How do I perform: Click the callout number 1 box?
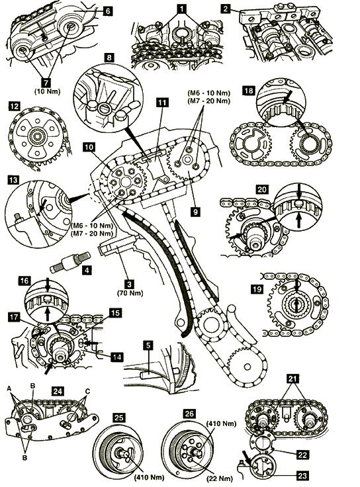pyautogui.click(x=181, y=9)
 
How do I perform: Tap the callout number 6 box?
pyautogui.click(x=107, y=11)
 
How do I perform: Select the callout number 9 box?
pyautogui.click(x=195, y=212)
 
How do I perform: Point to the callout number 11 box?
pyautogui.click(x=162, y=103)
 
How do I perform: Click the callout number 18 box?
pyautogui.click(x=249, y=91)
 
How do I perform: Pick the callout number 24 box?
pyautogui.click(x=58, y=390)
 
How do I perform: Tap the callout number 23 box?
pyautogui.click(x=302, y=475)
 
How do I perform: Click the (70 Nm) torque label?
pyautogui.click(x=130, y=293)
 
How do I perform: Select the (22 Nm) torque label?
pyautogui.click(x=220, y=478)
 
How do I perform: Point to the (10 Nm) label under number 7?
pyautogui.click(x=47, y=91)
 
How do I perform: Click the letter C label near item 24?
pyautogui.click(x=87, y=391)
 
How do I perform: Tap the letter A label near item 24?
pyautogui.click(x=9, y=388)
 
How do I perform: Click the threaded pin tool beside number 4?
pyautogui.click(x=70, y=262)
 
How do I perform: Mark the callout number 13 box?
pyautogui.click(x=14, y=180)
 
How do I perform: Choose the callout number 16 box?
pyautogui.click(x=24, y=281)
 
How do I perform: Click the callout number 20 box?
pyautogui.click(x=262, y=189)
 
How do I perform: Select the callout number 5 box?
pyautogui.click(x=149, y=345)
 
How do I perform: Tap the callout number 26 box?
pyautogui.click(x=189, y=413)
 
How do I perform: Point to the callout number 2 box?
pyautogui.click(x=226, y=9)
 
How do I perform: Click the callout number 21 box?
pyautogui.click(x=293, y=378)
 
